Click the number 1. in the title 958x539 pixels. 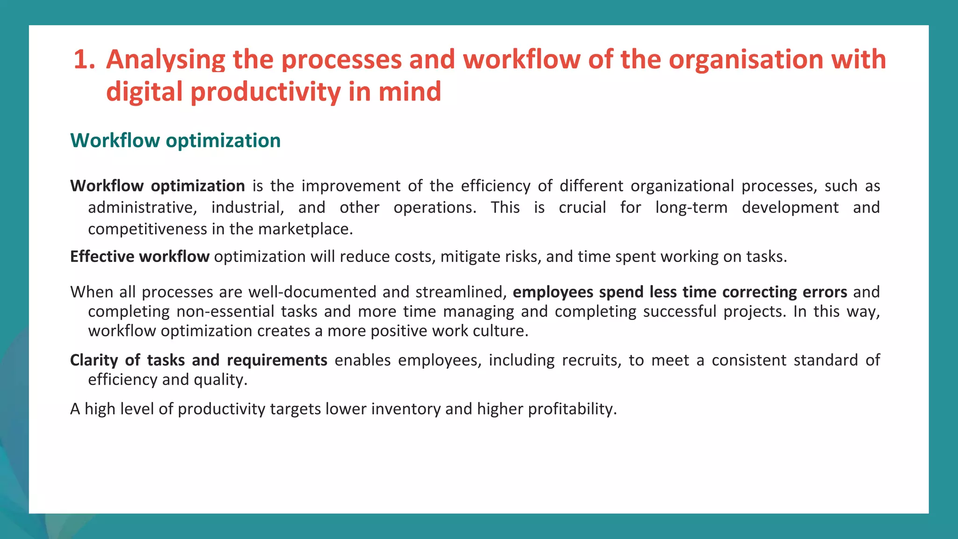(84, 60)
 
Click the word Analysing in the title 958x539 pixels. (166, 60)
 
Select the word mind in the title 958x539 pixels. (410, 92)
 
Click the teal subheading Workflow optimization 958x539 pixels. (175, 140)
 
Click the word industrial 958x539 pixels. (247, 207)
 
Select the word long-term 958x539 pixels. (691, 207)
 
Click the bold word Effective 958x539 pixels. (102, 256)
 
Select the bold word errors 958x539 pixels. (824, 292)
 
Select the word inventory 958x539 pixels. (406, 409)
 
